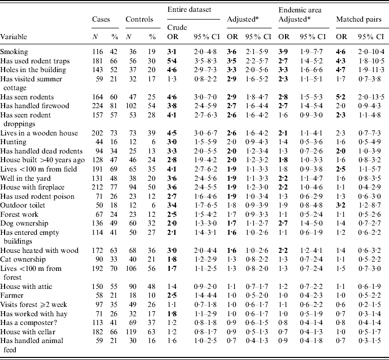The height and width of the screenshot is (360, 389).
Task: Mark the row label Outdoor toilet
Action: pos(22,205)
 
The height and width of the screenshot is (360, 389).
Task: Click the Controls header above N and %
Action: pos(139,19)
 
